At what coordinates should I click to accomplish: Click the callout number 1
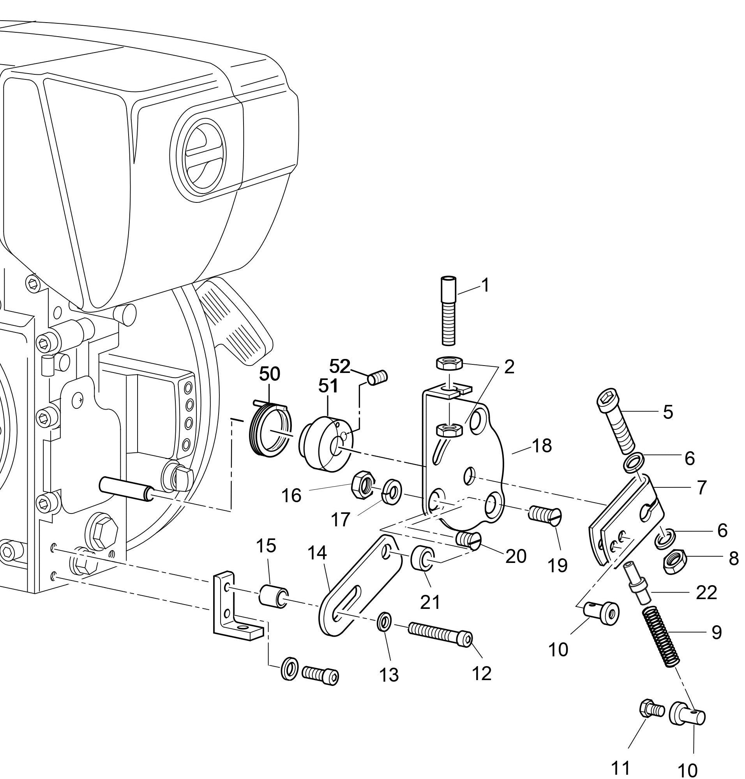485,285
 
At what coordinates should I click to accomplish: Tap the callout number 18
542,446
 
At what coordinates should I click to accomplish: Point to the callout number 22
706,593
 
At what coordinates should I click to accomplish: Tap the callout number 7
701,487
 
